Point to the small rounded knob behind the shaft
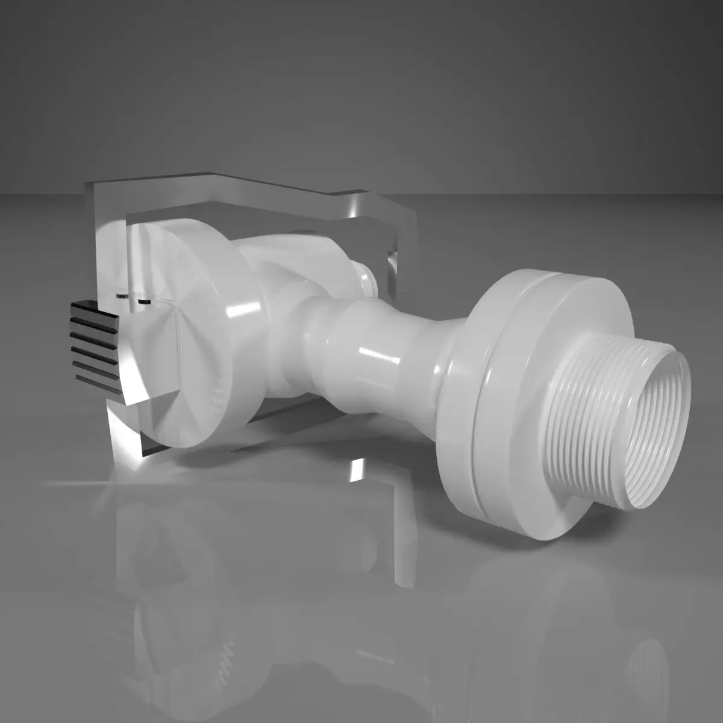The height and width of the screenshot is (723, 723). click(365, 280)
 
